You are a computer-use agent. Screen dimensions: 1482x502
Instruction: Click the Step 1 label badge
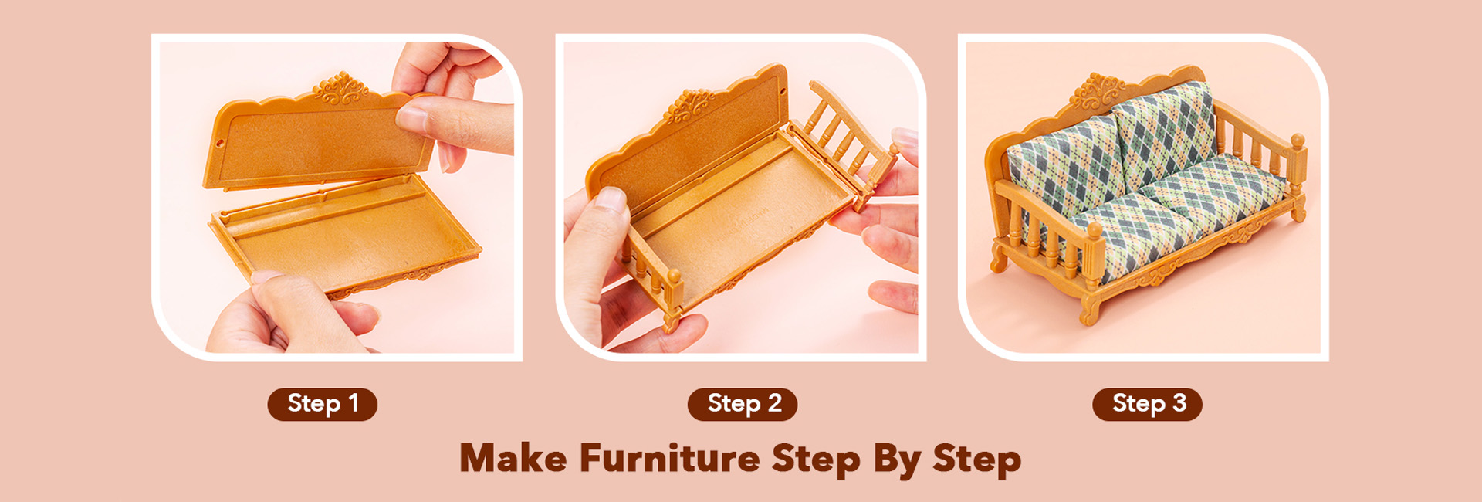(322, 404)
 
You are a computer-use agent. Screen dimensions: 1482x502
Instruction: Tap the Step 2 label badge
(743, 404)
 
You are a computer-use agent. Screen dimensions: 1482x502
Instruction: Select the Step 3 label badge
(1147, 404)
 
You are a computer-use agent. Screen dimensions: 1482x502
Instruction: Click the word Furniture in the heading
(669, 458)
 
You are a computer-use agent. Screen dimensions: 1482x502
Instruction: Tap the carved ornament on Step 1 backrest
(340, 87)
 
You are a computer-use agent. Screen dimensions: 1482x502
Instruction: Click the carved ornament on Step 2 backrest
(689, 105)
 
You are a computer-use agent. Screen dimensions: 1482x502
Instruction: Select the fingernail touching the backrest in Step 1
(411, 118)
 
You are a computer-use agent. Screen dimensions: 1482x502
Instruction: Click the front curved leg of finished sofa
(1089, 307)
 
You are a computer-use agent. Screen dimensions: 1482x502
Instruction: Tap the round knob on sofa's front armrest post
(1094, 229)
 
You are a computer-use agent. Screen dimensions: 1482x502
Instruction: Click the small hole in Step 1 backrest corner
(220, 143)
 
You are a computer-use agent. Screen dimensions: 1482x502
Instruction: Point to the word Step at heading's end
(976, 460)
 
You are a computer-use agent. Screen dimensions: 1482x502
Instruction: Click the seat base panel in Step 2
(741, 224)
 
